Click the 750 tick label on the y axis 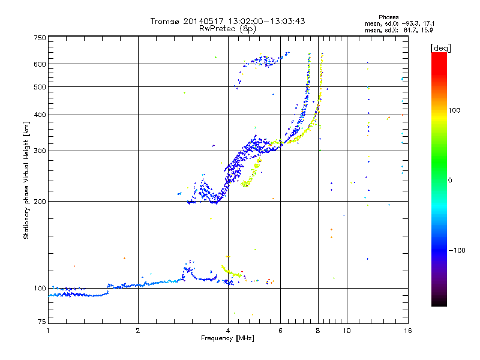(x=39, y=38)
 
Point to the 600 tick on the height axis (x=39, y=64)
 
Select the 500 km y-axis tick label (x=39, y=87)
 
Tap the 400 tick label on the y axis (x=39, y=115)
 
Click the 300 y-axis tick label (x=39, y=151)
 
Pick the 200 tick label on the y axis (x=39, y=202)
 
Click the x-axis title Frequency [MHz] (x=228, y=339)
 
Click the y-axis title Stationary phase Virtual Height (x=26, y=180)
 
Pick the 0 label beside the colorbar (x=451, y=180)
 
